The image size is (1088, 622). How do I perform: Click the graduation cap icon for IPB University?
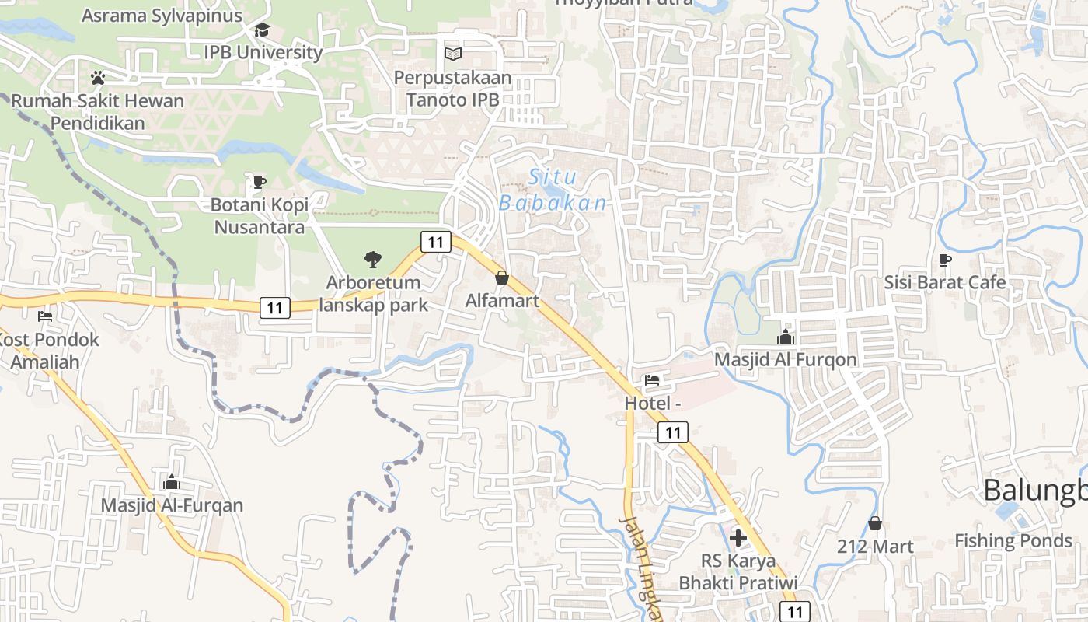[262, 30]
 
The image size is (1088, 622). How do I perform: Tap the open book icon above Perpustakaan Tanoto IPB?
[452, 54]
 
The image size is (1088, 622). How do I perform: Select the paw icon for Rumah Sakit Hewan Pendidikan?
[98, 78]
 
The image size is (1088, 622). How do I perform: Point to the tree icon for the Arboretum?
[373, 260]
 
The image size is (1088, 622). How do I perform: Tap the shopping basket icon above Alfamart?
[502, 278]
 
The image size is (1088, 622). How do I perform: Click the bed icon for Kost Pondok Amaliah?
[45, 316]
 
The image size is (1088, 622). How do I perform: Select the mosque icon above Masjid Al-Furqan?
[172, 482]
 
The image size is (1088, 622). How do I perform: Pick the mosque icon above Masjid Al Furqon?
[786, 337]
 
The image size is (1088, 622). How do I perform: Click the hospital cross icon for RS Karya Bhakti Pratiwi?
[738, 537]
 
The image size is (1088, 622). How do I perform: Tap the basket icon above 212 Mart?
[875, 523]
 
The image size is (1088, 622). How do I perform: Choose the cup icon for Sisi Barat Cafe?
[945, 260]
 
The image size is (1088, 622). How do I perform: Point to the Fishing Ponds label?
[1013, 540]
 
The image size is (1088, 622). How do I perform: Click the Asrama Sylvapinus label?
[162, 16]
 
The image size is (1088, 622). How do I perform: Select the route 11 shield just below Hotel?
[673, 432]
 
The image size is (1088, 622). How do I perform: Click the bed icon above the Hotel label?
[652, 380]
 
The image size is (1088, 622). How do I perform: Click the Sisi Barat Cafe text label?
[945, 282]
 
